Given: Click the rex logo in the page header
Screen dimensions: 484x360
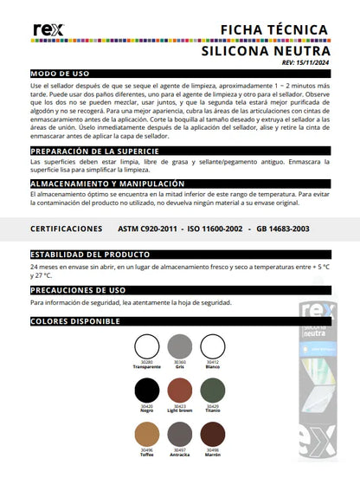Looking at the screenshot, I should click(x=44, y=31).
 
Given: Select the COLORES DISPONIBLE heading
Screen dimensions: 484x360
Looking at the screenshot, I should click(x=74, y=321).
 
